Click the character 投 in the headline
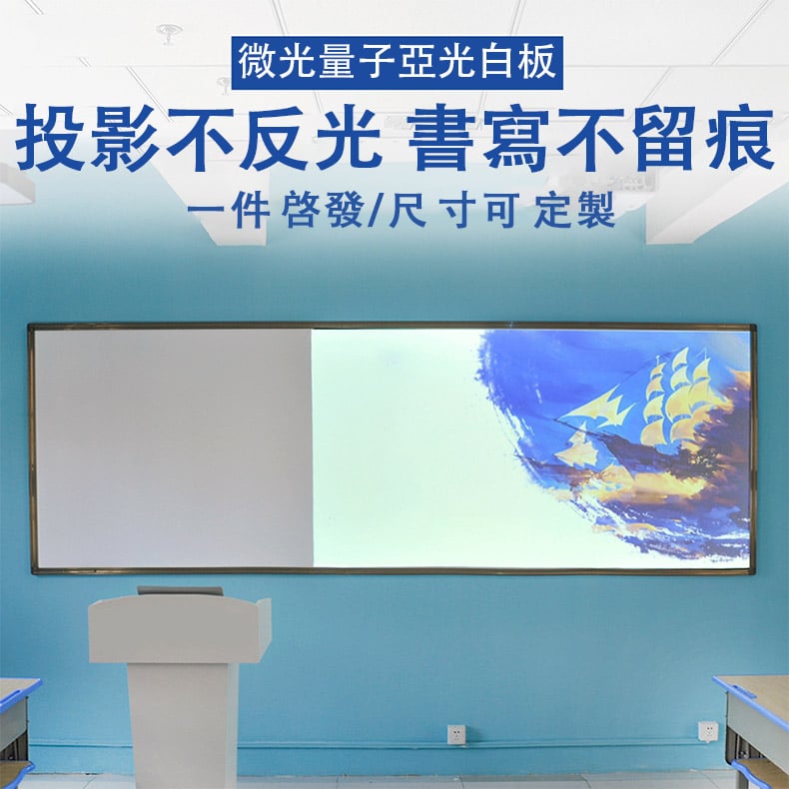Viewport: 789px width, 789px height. pyautogui.click(x=50, y=138)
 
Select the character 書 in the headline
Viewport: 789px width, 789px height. pyautogui.click(x=440, y=138)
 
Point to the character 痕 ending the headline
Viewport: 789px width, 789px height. pyautogui.click(x=741, y=138)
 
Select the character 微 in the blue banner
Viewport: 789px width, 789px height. pyautogui.click(x=258, y=61)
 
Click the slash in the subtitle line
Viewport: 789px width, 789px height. pyautogui.click(x=374, y=210)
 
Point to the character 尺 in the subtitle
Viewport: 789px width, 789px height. pyautogui.click(x=407, y=210)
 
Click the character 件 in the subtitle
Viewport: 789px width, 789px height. pyautogui.click(x=251, y=210)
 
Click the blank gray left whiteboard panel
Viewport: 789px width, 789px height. pyautogui.click(x=174, y=447)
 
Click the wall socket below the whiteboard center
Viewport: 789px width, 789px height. pyautogui.click(x=456, y=734)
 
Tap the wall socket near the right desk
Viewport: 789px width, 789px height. pyautogui.click(x=708, y=731)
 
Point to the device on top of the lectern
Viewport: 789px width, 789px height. pyautogui.click(x=180, y=590)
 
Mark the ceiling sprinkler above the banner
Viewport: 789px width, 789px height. pyautogui.click(x=169, y=31)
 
